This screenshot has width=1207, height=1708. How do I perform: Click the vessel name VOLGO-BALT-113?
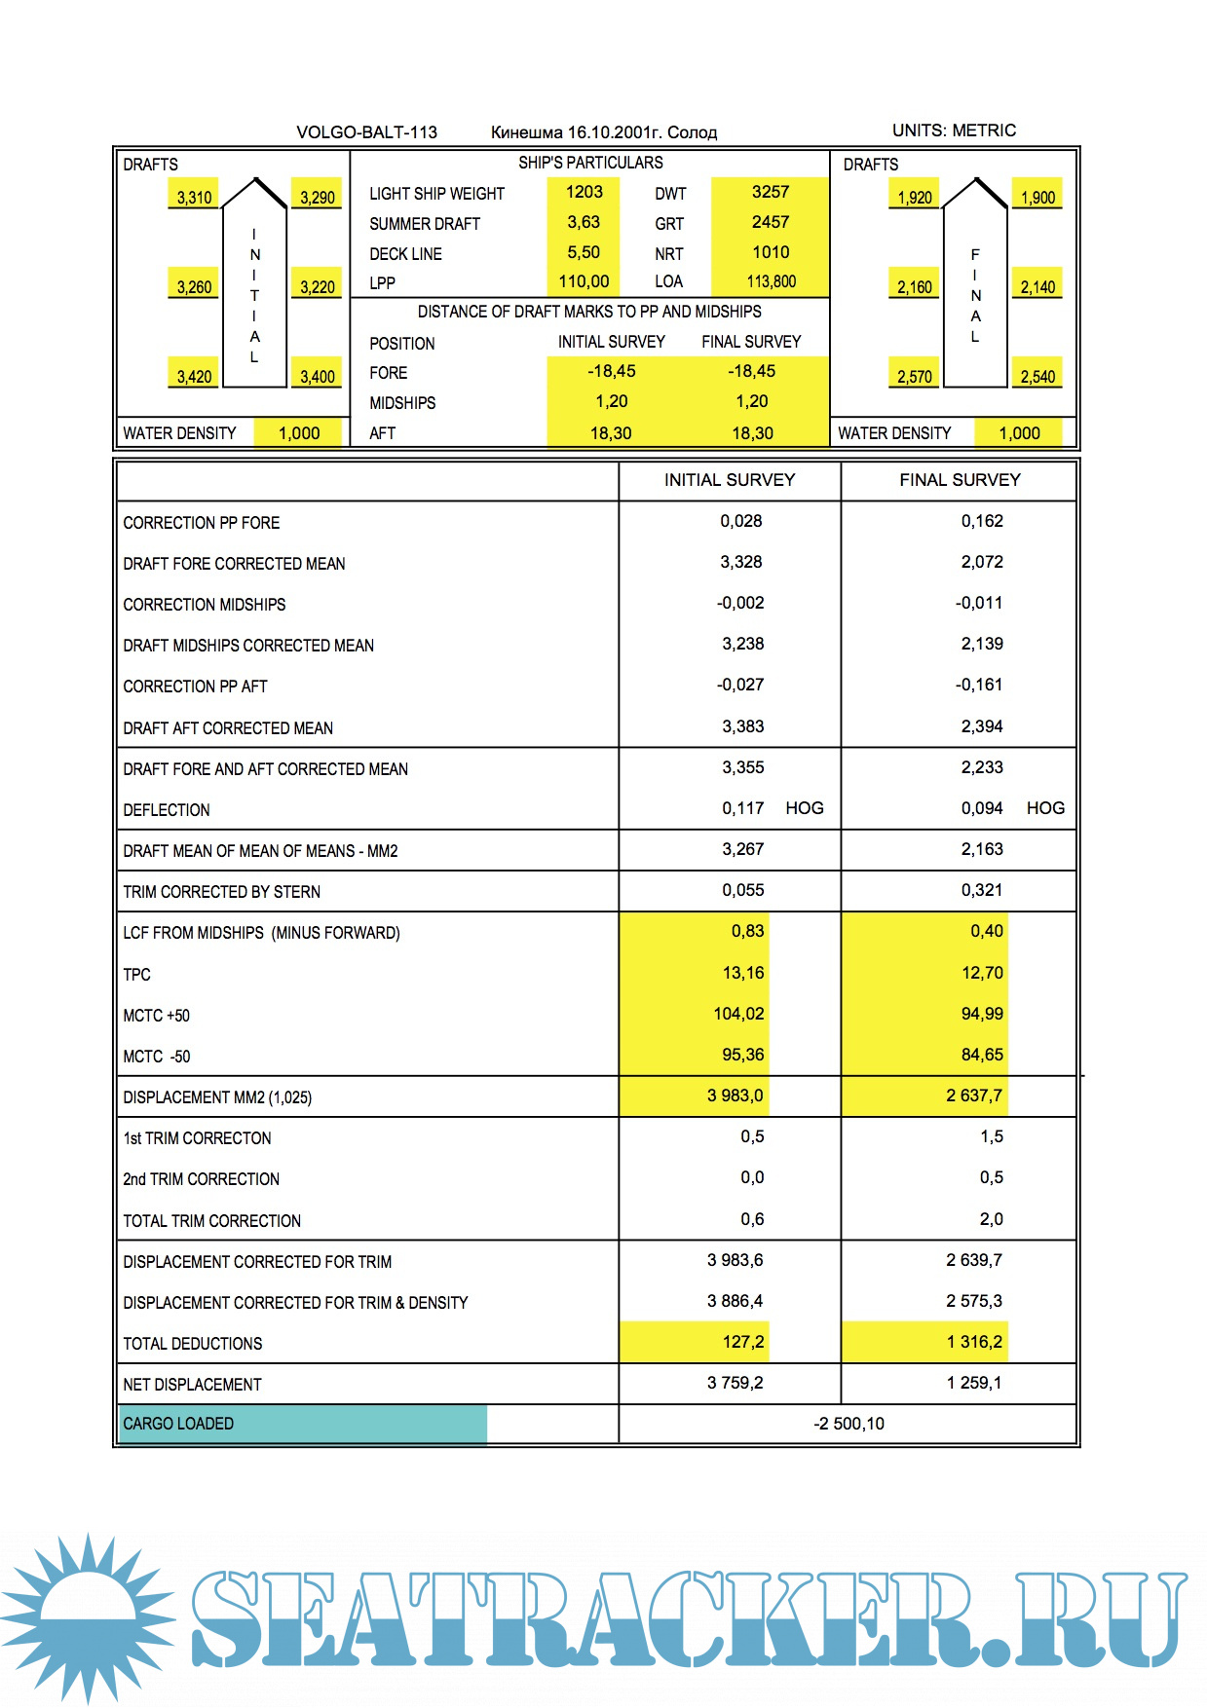tap(366, 132)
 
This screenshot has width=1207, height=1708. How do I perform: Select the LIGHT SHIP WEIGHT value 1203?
tap(584, 193)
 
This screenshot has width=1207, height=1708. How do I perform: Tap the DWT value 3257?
tap(770, 193)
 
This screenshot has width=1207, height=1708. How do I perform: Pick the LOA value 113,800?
tap(771, 282)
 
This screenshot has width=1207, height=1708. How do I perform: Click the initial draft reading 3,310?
tap(194, 198)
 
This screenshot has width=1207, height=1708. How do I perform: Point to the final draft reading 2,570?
tap(914, 377)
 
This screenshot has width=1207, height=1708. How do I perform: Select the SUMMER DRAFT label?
tap(424, 224)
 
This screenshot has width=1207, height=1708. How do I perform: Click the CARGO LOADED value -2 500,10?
tap(849, 1424)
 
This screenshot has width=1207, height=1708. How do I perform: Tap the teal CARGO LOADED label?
tap(178, 1424)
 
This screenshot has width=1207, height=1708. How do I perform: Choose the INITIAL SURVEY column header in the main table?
tap(729, 480)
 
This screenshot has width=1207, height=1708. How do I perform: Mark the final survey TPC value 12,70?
tap(981, 973)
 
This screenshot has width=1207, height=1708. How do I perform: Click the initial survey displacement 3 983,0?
tap(735, 1096)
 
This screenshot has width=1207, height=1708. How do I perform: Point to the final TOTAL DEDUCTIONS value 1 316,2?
tap(973, 1343)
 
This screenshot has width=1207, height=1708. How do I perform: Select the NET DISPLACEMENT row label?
tap(192, 1385)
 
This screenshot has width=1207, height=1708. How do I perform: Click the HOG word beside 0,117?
tap(804, 808)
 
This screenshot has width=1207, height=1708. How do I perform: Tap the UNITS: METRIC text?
tap(953, 130)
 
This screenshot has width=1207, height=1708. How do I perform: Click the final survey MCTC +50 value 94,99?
tap(981, 1015)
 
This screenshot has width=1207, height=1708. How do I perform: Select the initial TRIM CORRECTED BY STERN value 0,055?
tap(742, 891)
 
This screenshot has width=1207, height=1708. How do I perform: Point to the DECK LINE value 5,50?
tap(584, 253)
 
